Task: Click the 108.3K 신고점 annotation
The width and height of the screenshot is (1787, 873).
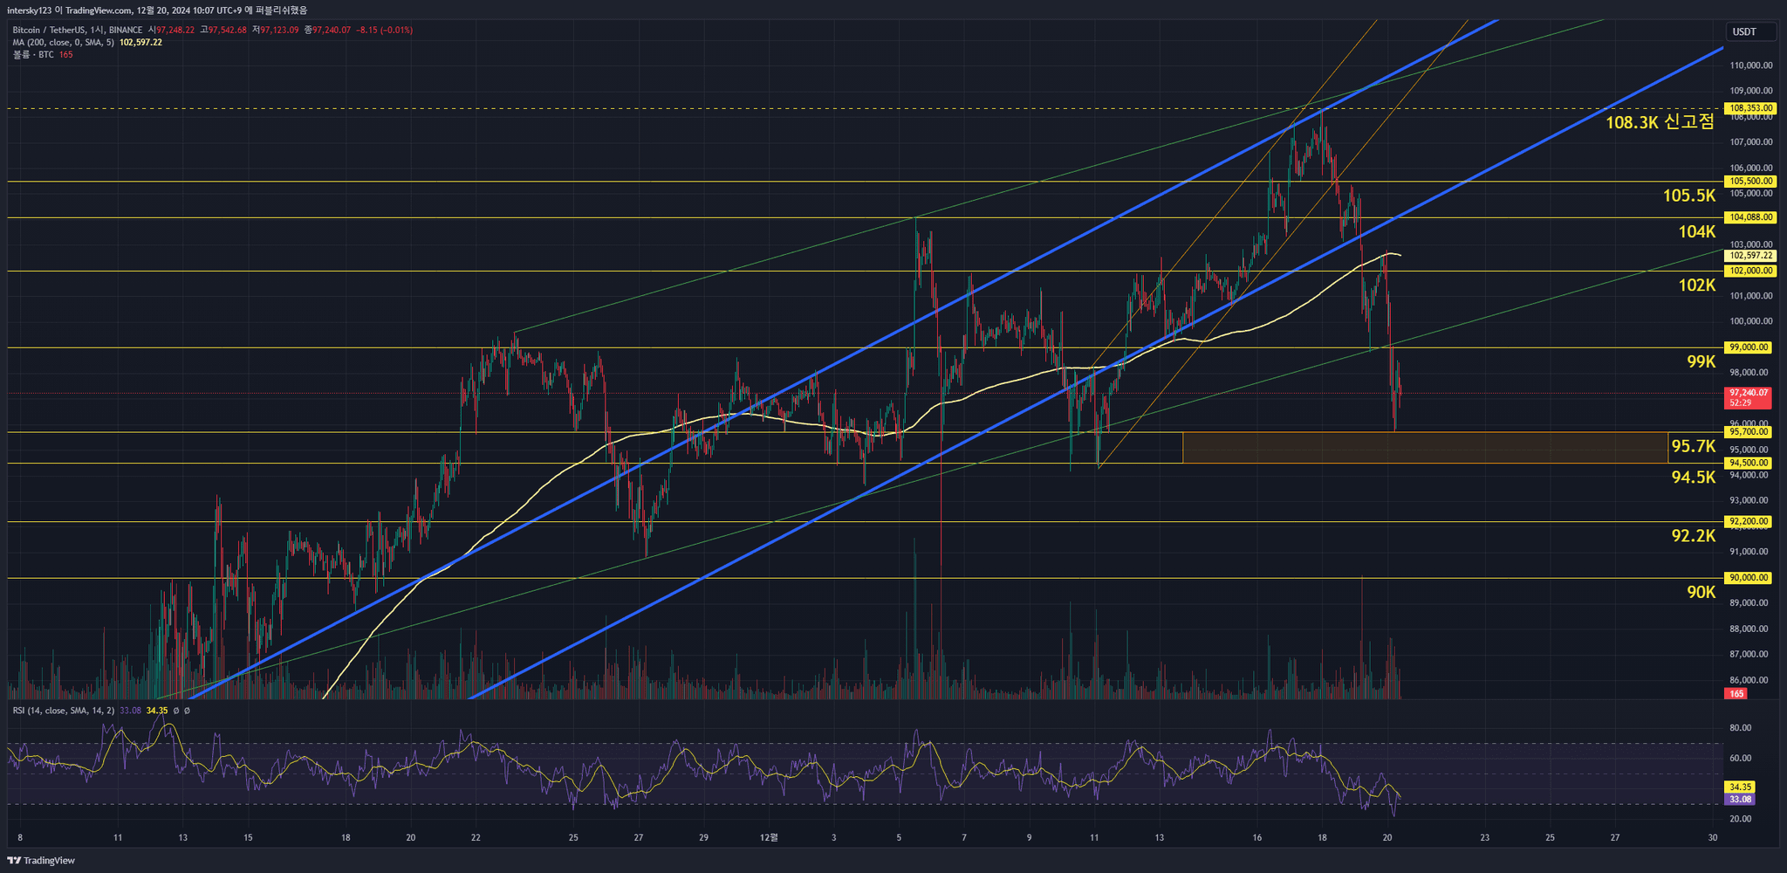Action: (x=1660, y=122)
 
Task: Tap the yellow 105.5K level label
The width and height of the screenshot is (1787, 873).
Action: (x=1689, y=196)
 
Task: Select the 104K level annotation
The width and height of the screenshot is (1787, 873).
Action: (x=1697, y=231)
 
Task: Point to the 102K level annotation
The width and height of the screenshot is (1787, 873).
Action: (x=1697, y=285)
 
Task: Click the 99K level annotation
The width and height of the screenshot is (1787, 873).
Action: (x=1701, y=361)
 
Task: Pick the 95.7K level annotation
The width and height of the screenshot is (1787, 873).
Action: (x=1693, y=446)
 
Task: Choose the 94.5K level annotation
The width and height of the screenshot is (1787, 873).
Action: (x=1694, y=477)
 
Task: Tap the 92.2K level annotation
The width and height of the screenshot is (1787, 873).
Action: (x=1694, y=535)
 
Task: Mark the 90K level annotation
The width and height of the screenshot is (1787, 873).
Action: (x=1701, y=592)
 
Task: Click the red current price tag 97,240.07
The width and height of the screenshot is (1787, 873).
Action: (x=1749, y=394)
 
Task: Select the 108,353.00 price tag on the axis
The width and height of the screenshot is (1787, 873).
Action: (x=1751, y=108)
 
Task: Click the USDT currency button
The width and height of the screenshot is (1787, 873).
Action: (x=1744, y=32)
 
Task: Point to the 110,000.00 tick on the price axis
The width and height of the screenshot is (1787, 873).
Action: (x=1750, y=65)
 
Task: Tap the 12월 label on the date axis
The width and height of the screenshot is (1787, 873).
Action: (x=769, y=838)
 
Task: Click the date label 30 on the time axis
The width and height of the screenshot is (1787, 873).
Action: (x=1713, y=838)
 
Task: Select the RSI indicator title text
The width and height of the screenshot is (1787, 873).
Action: (x=63, y=711)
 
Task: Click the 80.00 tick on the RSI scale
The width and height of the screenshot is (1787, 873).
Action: (x=1740, y=728)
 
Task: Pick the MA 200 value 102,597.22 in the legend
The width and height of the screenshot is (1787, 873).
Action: (x=140, y=42)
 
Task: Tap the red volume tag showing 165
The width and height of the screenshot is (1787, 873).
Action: (x=1736, y=693)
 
